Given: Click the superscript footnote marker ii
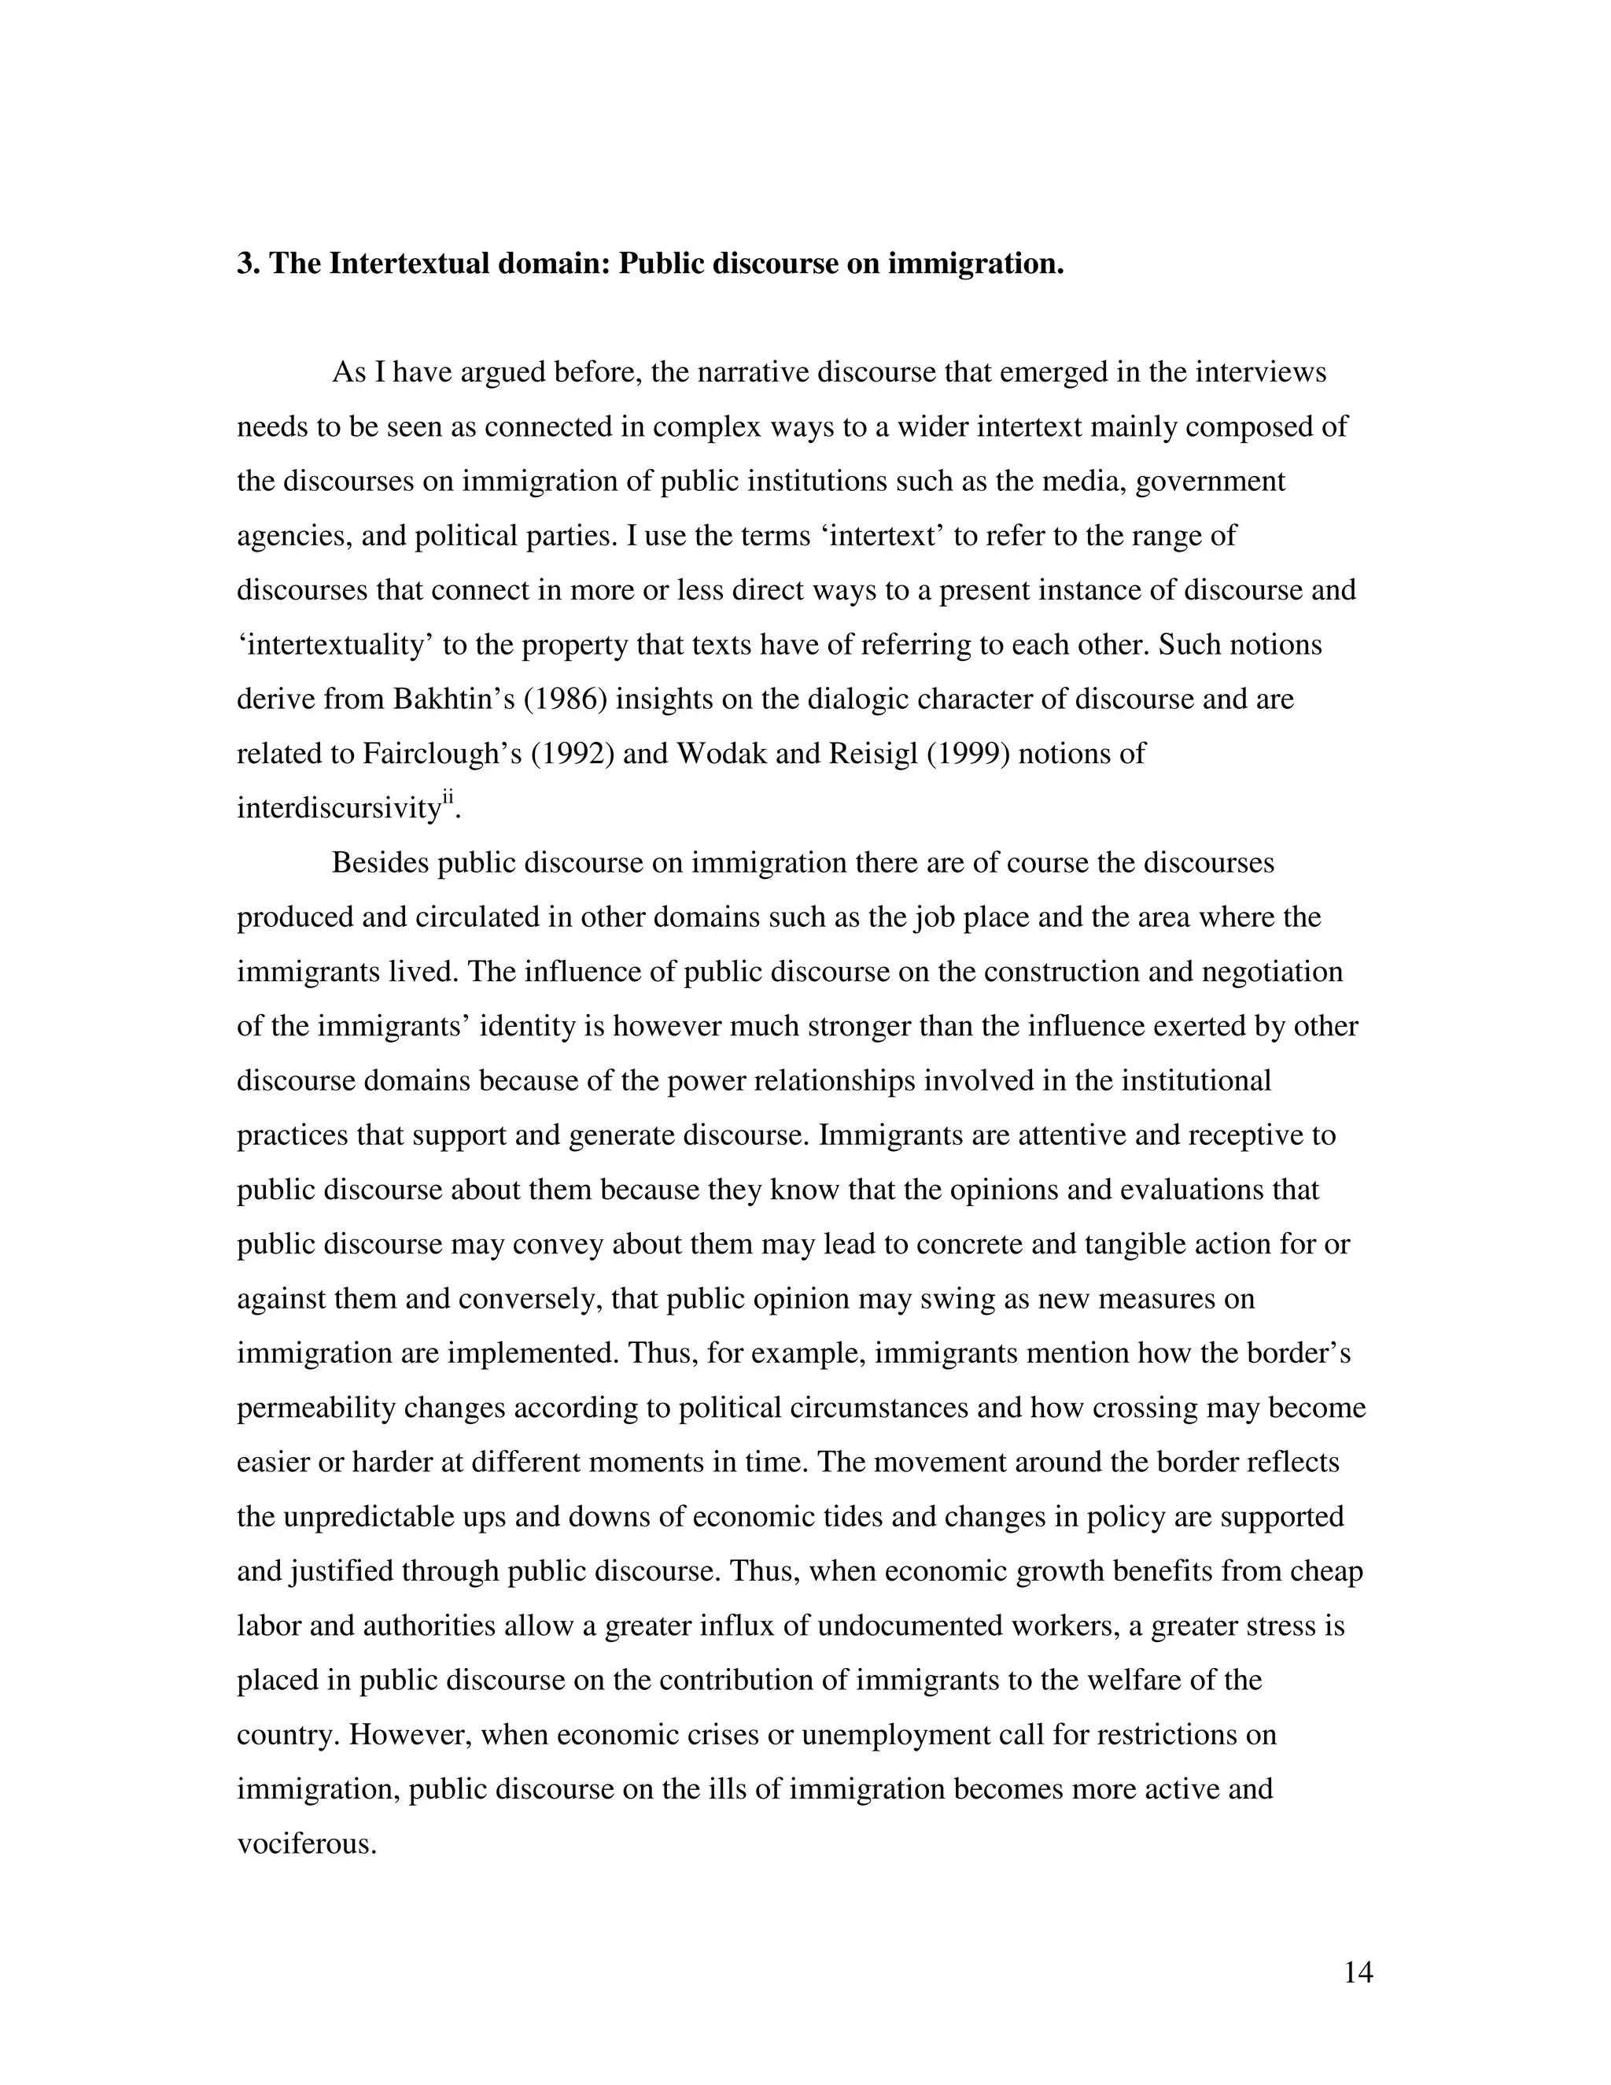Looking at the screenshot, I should click(x=448, y=800).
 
